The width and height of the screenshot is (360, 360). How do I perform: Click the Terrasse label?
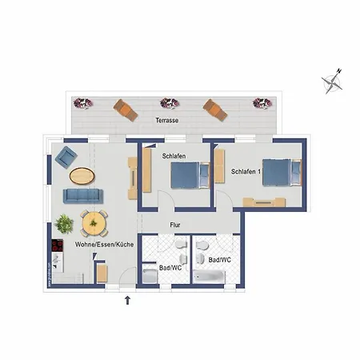pyautogui.click(x=167, y=120)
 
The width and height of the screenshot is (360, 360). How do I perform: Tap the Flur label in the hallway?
pyautogui.click(x=175, y=225)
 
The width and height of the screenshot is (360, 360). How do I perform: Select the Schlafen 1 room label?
pyautogui.click(x=246, y=171)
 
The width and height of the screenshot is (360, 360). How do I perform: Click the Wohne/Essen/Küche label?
pyautogui.click(x=104, y=244)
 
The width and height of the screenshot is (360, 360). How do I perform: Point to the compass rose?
pyautogui.click(x=332, y=82)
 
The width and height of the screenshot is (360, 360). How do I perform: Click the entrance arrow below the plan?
pyautogui.click(x=127, y=300)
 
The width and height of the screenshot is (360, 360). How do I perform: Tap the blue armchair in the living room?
pyautogui.click(x=66, y=158)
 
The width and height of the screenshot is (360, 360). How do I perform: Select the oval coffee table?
pyautogui.click(x=82, y=176)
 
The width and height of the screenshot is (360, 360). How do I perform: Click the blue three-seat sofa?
pyautogui.click(x=83, y=196)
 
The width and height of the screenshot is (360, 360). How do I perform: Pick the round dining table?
pyautogui.click(x=94, y=223)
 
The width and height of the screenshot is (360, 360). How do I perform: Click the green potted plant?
pyautogui.click(x=64, y=224)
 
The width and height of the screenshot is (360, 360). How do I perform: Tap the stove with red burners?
pyautogui.click(x=58, y=246)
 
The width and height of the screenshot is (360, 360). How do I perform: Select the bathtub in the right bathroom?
pyautogui.click(x=209, y=277)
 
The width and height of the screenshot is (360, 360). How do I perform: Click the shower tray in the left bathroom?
pyautogui.click(x=150, y=276)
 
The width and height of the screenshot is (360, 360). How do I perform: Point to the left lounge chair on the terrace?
pyautogui.click(x=126, y=110)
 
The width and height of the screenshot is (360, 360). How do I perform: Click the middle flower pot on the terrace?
pyautogui.click(x=170, y=103)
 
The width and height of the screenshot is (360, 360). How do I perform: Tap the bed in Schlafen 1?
pyautogui.click(x=282, y=172)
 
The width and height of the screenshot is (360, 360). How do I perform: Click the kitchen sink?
pyautogui.click(x=57, y=261)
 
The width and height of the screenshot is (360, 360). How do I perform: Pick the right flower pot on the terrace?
pyautogui.click(x=262, y=103)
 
